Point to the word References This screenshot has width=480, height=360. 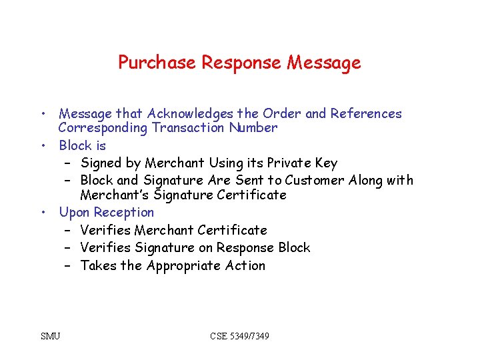tap(365, 113)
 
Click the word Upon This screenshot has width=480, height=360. tap(74, 213)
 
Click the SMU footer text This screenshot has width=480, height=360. tap(51, 335)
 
